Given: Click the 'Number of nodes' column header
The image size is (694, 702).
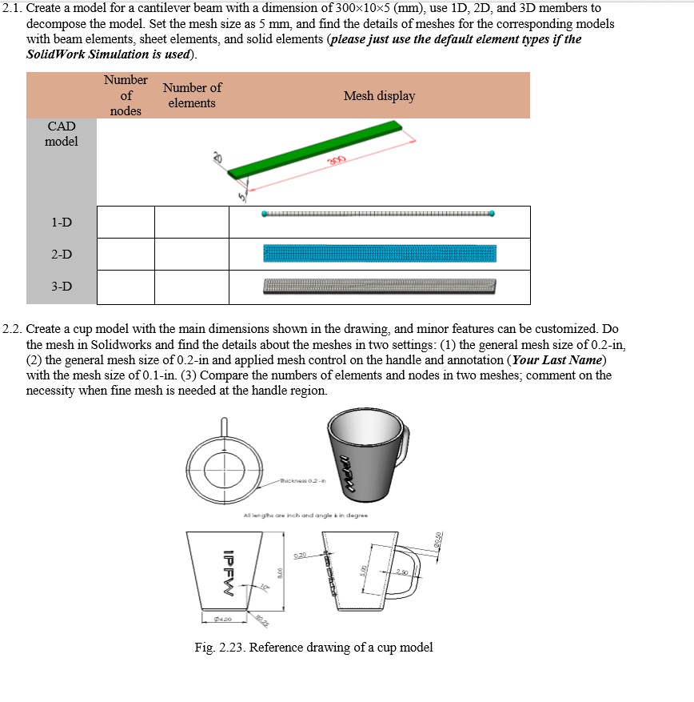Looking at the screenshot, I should coord(126,95).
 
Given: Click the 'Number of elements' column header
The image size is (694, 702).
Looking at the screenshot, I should coord(192,95).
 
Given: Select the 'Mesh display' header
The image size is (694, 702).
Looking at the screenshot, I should coord(379,96).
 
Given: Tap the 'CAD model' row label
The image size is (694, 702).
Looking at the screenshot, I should coord(62,134).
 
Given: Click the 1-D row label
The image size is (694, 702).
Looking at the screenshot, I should coord(62,222).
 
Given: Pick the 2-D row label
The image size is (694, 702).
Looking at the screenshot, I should coord(62,255).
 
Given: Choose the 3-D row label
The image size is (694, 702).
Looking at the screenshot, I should coord(62,287).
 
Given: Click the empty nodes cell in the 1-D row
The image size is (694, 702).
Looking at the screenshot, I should coord(126,222).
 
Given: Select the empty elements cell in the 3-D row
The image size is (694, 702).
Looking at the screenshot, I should coord(192,287).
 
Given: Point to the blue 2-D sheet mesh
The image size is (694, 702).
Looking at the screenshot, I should coord(380,254).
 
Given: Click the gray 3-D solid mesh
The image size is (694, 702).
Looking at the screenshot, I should coord(380,286).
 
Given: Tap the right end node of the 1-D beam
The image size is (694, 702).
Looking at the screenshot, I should coord(491,214).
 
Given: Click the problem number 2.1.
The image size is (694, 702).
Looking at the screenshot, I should coord(13,8).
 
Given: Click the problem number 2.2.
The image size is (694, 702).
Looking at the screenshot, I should coord(13,329).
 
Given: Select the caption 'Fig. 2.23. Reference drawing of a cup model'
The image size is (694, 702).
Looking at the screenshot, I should coord(314,647).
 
